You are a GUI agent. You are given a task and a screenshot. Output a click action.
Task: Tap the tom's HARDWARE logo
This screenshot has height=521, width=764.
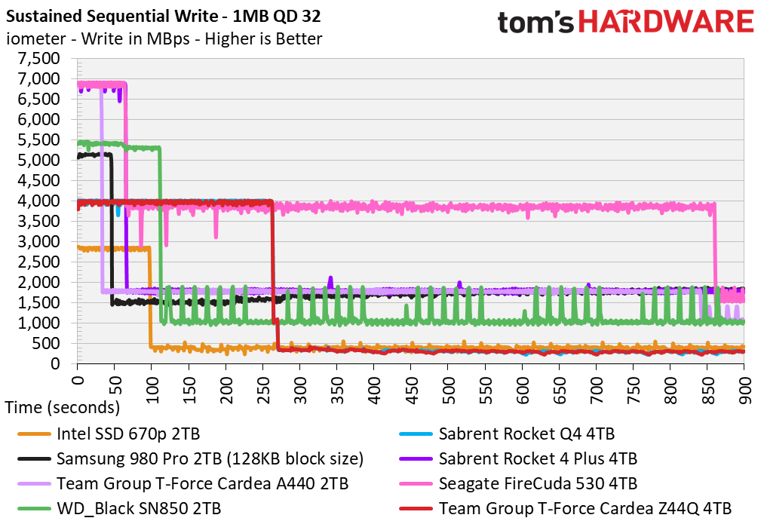coord(625,22)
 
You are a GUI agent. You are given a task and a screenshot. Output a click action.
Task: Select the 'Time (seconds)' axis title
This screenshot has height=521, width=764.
coord(63,408)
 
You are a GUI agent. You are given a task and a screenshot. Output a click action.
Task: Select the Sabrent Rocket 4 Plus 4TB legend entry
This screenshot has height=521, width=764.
coord(538,458)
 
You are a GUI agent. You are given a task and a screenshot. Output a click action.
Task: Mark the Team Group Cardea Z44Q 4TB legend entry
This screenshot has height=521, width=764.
coord(585,508)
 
